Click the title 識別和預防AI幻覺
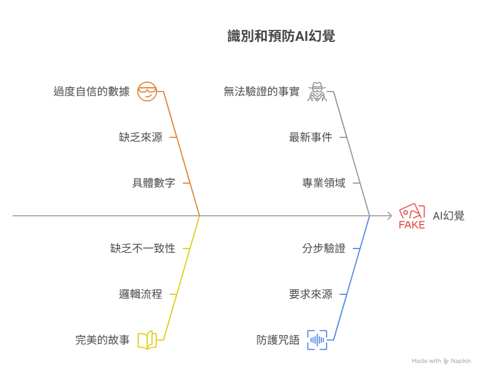coord(281,37)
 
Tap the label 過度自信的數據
coord(92,92)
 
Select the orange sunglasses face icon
coord(147,92)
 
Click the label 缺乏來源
coord(141,137)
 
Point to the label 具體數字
coord(154,183)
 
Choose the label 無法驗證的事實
coord(261,92)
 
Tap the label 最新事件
coord(310,137)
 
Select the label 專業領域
coord(323,183)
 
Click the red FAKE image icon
coord(412,216)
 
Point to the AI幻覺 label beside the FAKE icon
coord(449,216)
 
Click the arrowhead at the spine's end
coord(390,216)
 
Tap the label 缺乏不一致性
coord(143,248)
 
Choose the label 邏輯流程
coord(141,294)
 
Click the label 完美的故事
coord(102,340)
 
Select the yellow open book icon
coord(147,340)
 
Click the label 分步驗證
coord(323,248)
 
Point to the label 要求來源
coord(310,294)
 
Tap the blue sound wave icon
coord(317,340)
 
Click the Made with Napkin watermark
coord(441,361)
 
